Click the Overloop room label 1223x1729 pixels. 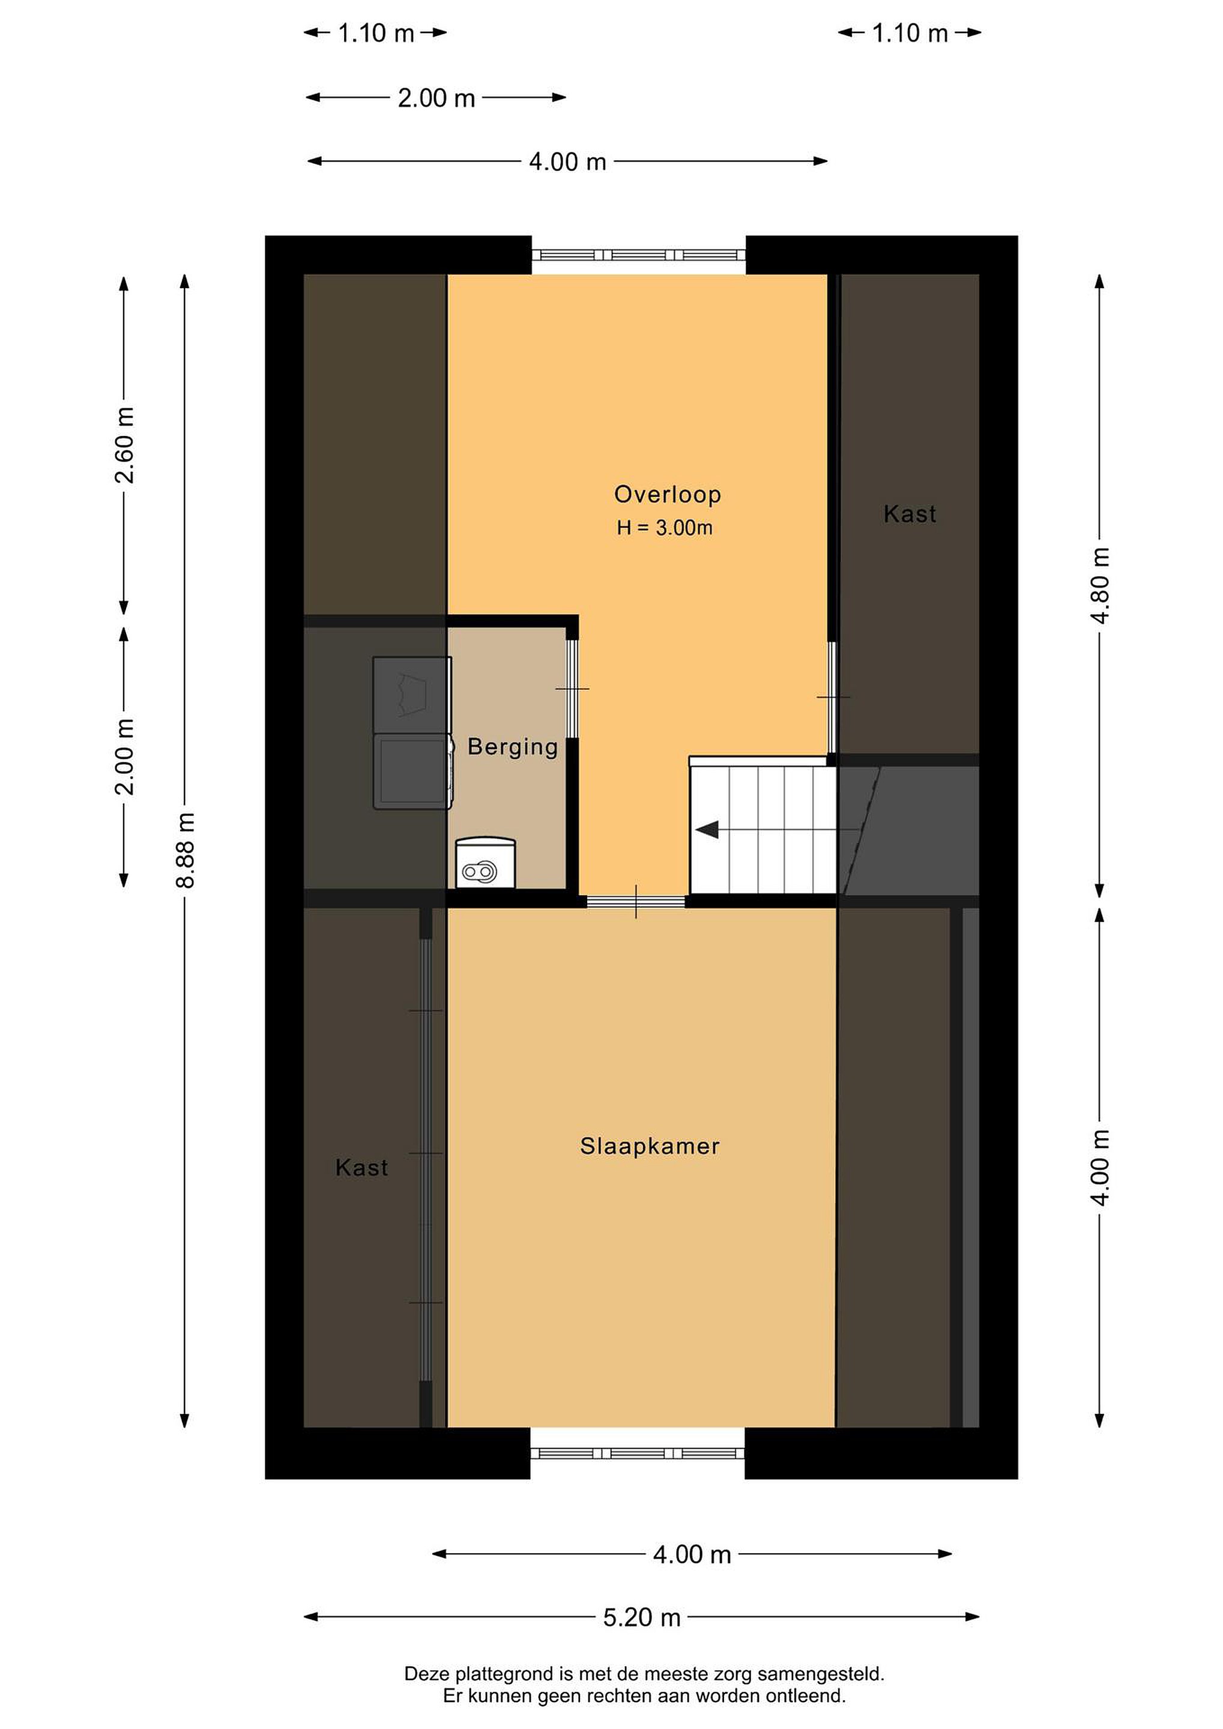pos(667,494)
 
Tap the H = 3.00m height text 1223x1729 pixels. pos(664,528)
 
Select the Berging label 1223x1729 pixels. pos(513,746)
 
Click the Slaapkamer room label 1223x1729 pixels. pos(649,1145)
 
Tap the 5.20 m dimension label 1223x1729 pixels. pos(642,1617)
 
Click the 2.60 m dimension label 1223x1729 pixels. pos(124,445)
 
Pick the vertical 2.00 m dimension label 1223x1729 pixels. pos(124,757)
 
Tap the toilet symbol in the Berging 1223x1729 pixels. pos(485,863)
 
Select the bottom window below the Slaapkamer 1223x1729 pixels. pos(638,1453)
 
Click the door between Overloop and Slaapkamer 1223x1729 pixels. pos(636,901)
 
